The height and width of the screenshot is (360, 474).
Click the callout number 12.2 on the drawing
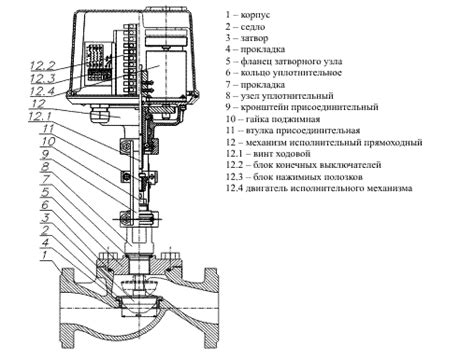point(42,66)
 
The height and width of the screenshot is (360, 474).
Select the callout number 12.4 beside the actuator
point(42,91)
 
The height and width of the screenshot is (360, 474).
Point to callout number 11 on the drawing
point(48,129)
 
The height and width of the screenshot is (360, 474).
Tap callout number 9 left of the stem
point(46,154)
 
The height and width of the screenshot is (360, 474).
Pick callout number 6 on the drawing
point(45,205)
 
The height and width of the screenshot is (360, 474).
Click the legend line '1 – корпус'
point(248,15)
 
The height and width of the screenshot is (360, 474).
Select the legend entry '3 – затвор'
point(247,38)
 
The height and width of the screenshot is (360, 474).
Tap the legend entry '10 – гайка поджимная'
point(273,119)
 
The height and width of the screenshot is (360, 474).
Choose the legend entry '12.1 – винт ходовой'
point(268,154)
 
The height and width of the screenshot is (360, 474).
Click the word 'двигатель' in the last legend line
point(267,188)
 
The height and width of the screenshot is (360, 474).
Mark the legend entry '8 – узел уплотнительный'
point(279,96)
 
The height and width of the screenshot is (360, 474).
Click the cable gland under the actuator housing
point(99,114)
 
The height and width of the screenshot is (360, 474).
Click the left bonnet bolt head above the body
point(106,256)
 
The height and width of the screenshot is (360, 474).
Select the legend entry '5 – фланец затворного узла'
point(284,61)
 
